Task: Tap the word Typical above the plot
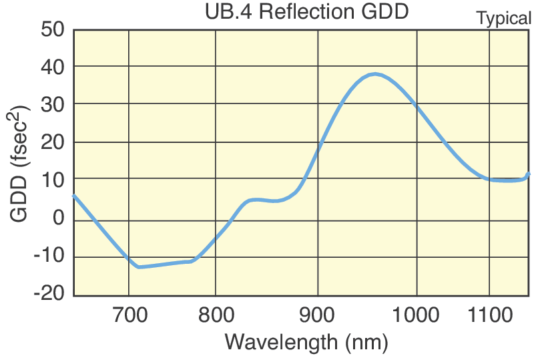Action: tap(504, 19)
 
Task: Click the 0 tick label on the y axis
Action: tap(57, 219)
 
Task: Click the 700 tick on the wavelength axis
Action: tap(129, 313)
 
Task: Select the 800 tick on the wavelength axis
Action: tap(216, 313)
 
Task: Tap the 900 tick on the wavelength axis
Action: tap(318, 313)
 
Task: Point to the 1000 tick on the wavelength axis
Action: tap(417, 313)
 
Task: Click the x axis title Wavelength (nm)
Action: tap(306, 342)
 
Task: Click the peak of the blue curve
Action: tap(376, 74)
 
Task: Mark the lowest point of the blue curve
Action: tap(139, 267)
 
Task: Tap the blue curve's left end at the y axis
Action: tap(74, 196)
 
